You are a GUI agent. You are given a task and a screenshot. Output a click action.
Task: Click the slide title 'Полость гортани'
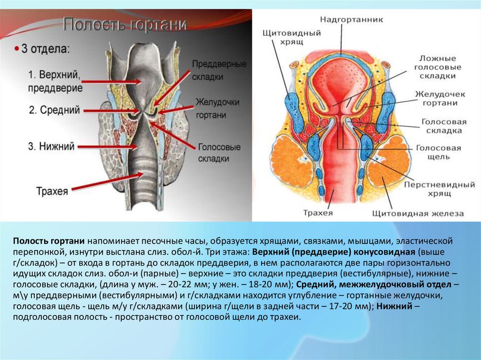125,25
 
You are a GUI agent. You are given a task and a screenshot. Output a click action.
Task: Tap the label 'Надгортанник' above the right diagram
352,20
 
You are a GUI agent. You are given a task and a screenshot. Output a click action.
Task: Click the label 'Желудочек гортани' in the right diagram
441,99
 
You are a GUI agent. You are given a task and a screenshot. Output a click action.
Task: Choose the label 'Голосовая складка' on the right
443,125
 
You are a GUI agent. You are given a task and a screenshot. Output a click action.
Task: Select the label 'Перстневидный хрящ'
439,189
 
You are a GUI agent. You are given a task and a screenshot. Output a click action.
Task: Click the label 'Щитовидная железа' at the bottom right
418,213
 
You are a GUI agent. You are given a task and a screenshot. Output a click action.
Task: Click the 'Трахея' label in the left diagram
52,191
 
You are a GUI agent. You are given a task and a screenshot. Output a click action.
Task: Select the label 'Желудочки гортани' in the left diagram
217,108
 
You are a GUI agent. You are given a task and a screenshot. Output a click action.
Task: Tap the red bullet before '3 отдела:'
16,48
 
